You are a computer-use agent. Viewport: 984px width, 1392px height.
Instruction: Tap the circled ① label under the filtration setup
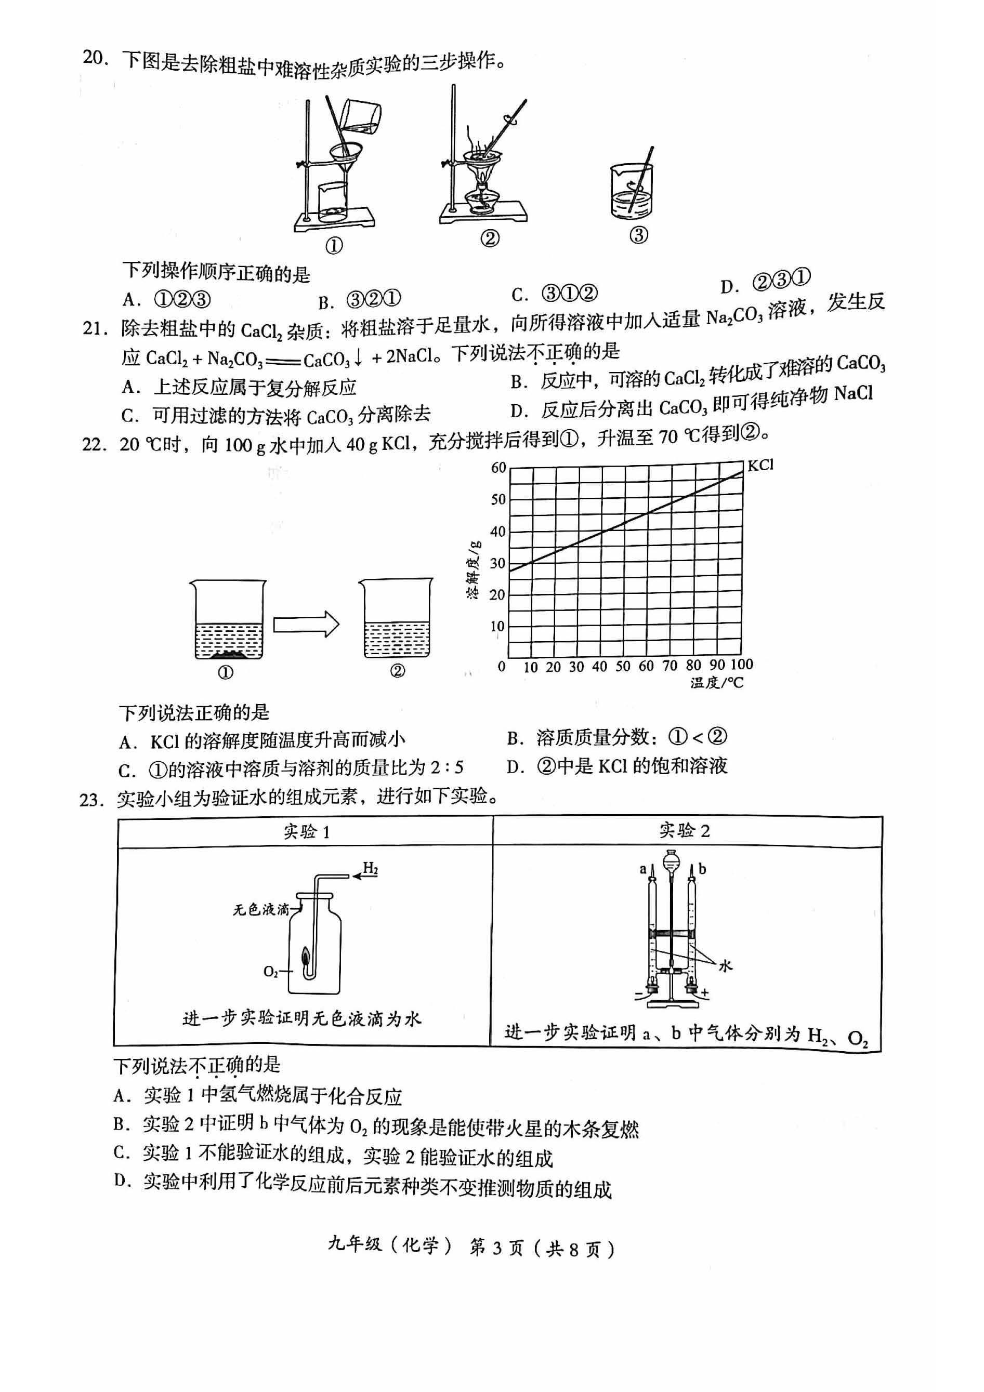click(334, 246)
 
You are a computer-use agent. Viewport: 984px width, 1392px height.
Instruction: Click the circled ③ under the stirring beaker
click(639, 235)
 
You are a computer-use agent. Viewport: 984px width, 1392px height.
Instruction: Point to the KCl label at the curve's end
click(760, 466)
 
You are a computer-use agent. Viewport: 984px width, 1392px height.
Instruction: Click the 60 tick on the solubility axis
click(498, 468)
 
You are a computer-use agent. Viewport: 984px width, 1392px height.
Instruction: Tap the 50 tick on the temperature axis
click(622, 666)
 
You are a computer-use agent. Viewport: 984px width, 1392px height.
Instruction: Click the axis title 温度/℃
click(716, 683)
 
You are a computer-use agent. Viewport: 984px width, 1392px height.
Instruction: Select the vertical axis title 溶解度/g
click(473, 568)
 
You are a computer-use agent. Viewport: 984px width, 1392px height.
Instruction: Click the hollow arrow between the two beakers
click(306, 625)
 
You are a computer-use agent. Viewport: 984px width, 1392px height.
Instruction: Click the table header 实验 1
click(306, 831)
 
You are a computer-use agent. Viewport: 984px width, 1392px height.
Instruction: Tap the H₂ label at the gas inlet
click(370, 869)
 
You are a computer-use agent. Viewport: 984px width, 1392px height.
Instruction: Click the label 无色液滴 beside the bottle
click(261, 909)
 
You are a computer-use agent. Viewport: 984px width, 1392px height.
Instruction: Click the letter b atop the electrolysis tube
click(702, 869)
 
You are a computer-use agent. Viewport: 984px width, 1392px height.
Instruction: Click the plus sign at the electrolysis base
click(704, 993)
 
